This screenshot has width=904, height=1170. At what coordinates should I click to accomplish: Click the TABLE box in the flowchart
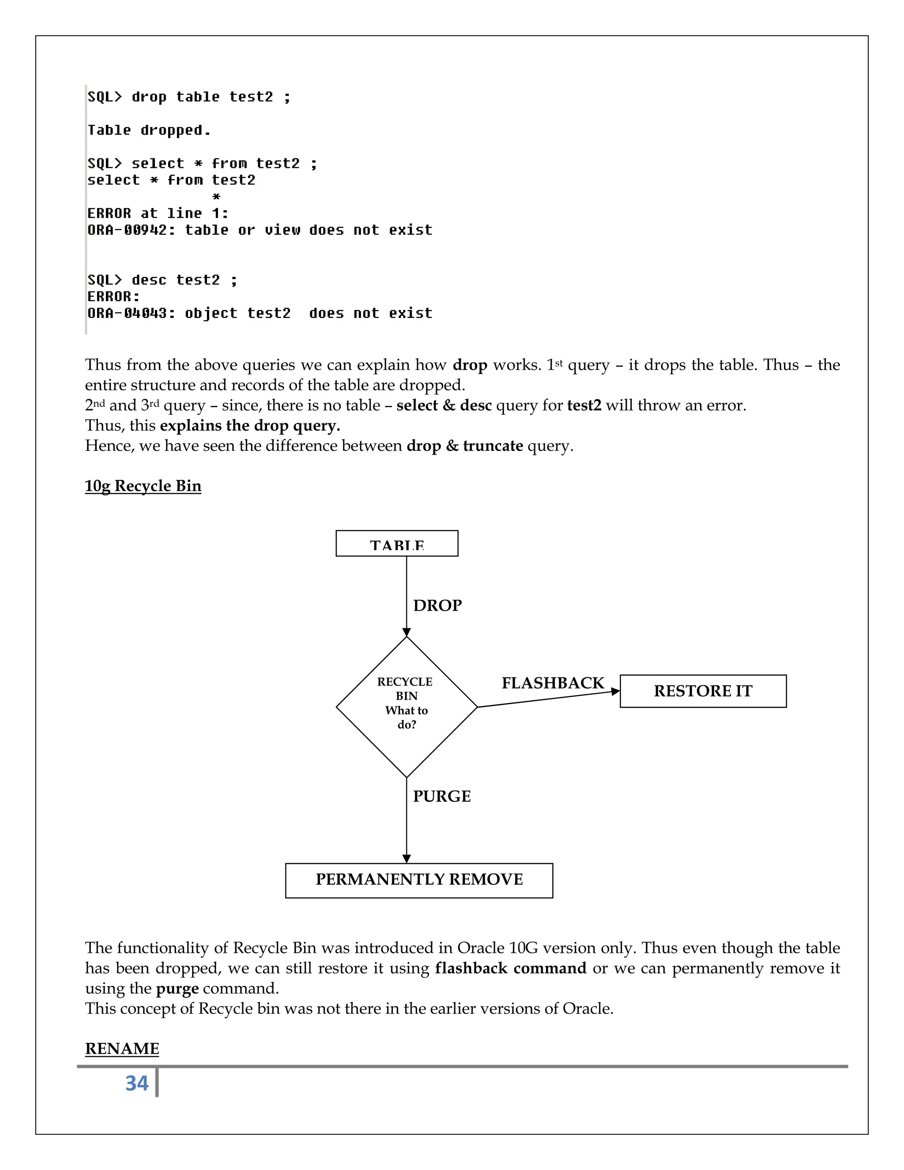pyautogui.click(x=397, y=544)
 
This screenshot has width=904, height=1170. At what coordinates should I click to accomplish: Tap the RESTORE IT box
pyautogui.click(x=703, y=691)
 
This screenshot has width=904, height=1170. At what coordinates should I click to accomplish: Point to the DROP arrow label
pyautogui.click(x=437, y=605)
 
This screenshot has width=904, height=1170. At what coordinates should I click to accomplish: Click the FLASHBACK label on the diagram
pyautogui.click(x=553, y=683)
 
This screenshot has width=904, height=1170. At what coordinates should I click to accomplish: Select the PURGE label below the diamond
pyautogui.click(x=442, y=796)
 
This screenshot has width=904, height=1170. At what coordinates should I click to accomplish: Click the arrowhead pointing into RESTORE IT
pyautogui.click(x=615, y=691)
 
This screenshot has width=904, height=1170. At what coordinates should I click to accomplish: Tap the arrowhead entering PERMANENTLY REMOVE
pyautogui.click(x=407, y=858)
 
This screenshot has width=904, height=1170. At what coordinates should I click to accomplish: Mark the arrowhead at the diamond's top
pyautogui.click(x=407, y=632)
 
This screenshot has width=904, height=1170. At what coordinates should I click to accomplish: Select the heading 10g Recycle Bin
pyautogui.click(x=143, y=486)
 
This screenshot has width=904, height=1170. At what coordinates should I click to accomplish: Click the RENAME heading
pyautogui.click(x=122, y=1049)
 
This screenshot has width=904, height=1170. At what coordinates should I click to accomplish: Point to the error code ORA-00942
pyautogui.click(x=128, y=230)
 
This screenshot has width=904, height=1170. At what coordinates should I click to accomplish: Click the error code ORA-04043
pyautogui.click(x=128, y=313)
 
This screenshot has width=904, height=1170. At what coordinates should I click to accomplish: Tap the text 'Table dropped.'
pyautogui.click(x=149, y=131)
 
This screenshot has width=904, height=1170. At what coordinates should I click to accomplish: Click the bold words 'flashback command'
pyautogui.click(x=510, y=968)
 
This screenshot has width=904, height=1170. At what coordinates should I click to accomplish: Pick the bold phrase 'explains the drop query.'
pyautogui.click(x=250, y=425)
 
